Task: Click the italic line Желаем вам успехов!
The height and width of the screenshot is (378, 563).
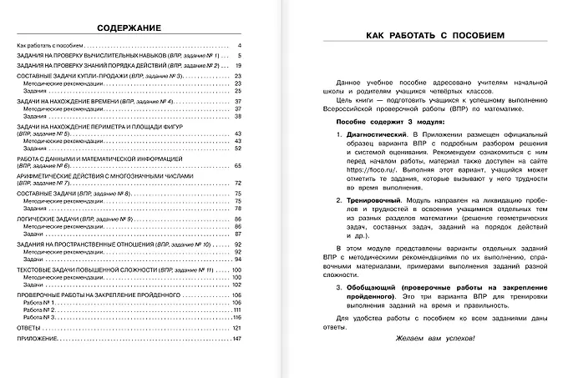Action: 431,338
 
